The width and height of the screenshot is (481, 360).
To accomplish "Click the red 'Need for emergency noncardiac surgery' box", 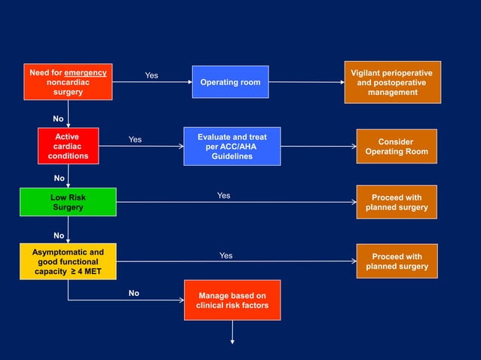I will [68, 82].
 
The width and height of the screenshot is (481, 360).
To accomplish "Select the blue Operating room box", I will [230, 82].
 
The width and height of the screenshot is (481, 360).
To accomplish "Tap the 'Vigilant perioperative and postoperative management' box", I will [392, 82].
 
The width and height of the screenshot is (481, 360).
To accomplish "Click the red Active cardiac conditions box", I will [68, 146].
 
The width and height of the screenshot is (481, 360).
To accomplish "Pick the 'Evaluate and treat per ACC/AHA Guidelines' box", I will [232, 146].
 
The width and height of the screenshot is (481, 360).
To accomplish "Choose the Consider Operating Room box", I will [396, 146].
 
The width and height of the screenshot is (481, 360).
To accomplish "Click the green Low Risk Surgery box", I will [68, 202].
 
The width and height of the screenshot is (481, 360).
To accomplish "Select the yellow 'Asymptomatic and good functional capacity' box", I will [68, 261].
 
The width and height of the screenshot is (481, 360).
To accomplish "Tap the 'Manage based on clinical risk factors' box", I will [231, 300].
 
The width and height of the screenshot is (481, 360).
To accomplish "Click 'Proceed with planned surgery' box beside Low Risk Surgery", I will [397, 202].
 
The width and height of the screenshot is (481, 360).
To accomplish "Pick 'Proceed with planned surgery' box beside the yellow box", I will [397, 261].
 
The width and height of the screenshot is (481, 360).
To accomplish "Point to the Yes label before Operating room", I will [152, 75].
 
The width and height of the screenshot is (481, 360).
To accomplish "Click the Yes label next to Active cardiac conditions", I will [135, 139].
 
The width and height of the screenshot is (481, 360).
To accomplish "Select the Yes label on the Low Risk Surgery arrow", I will [224, 196].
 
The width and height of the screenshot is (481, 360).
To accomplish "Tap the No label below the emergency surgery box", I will [58, 119].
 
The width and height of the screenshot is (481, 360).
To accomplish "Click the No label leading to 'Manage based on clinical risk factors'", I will [133, 293].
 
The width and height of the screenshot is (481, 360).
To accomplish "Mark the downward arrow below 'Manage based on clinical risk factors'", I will [232, 331].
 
